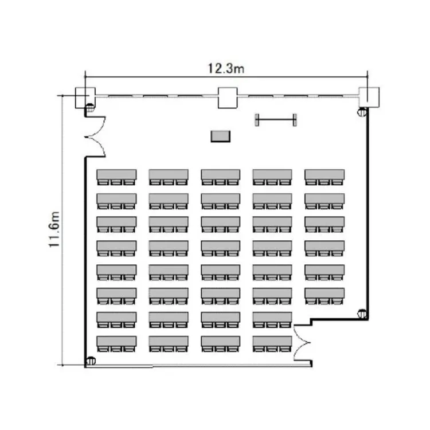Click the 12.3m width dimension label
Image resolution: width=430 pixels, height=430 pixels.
226,69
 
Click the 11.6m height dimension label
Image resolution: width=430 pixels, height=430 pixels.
54,229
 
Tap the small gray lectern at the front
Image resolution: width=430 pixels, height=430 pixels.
221,136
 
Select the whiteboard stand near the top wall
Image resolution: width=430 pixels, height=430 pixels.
276,120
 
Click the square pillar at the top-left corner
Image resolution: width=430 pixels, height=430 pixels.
85,97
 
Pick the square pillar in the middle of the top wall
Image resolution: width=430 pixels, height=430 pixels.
228,98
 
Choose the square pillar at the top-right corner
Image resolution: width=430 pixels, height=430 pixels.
369,97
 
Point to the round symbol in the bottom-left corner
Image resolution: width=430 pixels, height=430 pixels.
91,361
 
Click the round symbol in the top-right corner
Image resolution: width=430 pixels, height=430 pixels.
362,112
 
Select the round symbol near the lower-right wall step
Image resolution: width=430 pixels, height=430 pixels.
362,314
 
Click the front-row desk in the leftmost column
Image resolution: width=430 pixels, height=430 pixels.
116,175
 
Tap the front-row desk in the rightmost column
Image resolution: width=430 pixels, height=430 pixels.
325,175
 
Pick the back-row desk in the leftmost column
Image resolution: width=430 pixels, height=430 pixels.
116,342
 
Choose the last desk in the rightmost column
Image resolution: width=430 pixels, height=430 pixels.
325,293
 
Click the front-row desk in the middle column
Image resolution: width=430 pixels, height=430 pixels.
221,175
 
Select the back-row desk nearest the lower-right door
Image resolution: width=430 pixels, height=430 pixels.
272,342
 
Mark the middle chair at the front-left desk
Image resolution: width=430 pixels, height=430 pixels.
116,182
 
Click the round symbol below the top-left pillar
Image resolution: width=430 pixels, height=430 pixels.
90,108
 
